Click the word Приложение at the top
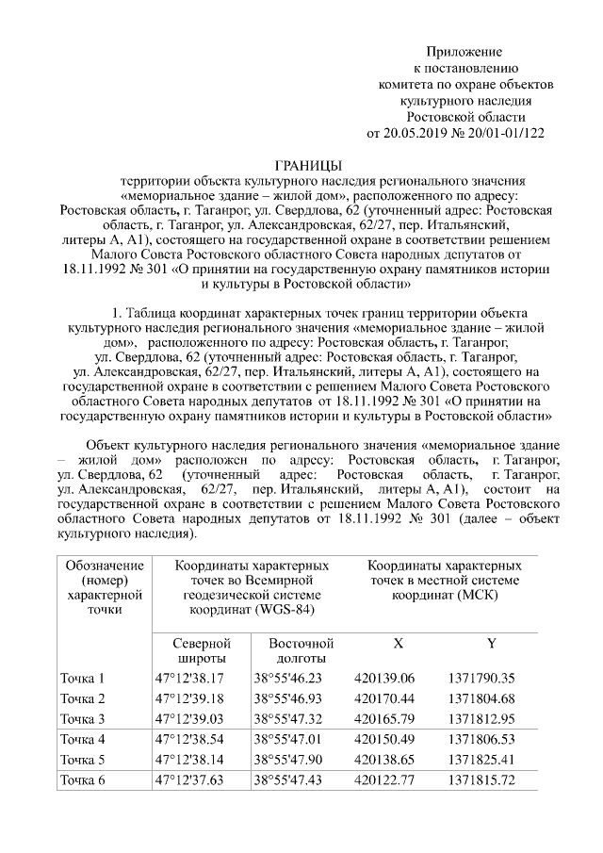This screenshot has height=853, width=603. pos(464,51)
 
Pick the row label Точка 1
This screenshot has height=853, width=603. pos(83,678)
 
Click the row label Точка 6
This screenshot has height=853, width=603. pos(83,779)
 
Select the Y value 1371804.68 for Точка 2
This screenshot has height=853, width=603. pos(481,698)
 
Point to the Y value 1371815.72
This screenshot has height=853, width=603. pos(481,779)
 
